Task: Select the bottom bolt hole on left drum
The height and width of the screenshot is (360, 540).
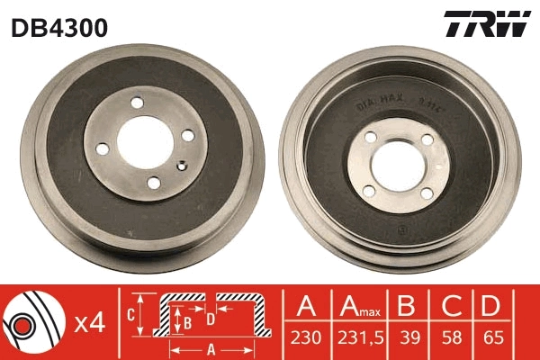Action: coord(153,183)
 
